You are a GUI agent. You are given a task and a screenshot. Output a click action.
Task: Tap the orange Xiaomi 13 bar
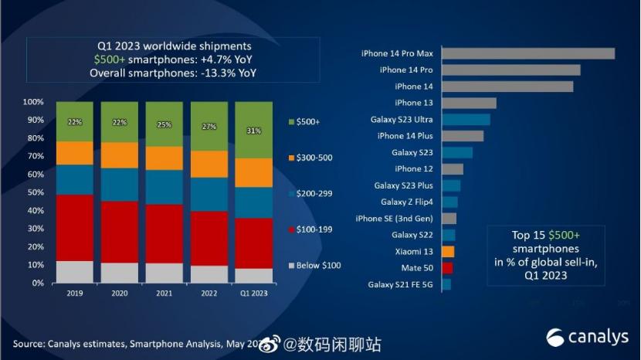(x=448, y=251)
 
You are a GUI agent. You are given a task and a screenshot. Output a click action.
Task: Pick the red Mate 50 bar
(x=447, y=268)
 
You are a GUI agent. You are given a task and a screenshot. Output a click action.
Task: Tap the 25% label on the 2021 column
(x=164, y=125)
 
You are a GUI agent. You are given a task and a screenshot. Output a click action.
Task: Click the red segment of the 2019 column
(x=75, y=228)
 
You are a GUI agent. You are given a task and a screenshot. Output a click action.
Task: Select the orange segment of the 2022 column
(x=209, y=164)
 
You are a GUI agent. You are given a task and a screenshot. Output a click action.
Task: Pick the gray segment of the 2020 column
(x=120, y=273)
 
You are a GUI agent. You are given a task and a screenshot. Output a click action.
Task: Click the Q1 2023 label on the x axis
(x=254, y=294)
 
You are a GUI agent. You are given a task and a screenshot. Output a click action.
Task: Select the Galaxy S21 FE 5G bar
(x=446, y=284)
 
